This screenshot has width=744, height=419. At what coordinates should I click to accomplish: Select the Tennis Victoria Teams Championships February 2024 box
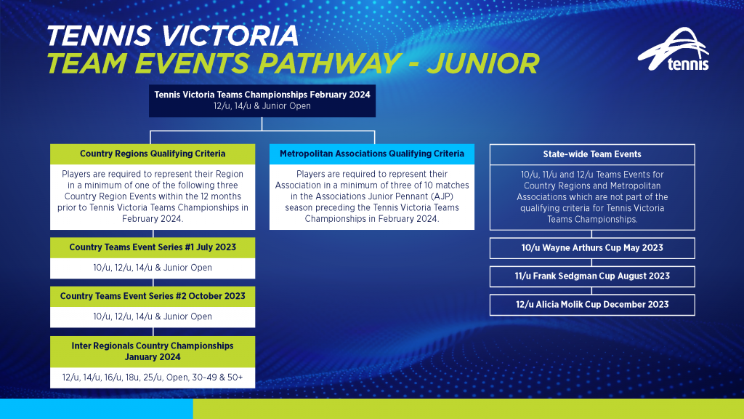click(x=262, y=100)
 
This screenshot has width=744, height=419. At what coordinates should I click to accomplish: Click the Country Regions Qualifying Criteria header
click(x=153, y=153)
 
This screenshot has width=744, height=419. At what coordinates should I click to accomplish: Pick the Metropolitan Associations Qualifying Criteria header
click(x=371, y=153)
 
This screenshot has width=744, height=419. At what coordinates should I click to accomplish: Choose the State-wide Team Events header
click(x=591, y=154)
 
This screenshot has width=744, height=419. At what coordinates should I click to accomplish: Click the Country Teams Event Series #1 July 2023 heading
click(x=153, y=247)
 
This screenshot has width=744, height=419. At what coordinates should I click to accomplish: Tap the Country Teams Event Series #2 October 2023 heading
click(x=153, y=296)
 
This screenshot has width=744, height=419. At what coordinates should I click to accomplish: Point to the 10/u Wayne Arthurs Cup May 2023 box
click(x=591, y=248)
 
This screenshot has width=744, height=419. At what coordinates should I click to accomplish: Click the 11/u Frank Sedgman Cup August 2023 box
click(x=591, y=276)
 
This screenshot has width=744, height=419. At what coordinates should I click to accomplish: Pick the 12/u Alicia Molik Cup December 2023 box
click(x=591, y=305)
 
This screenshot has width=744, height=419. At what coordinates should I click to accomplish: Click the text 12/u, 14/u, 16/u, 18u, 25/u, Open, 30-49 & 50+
click(x=153, y=378)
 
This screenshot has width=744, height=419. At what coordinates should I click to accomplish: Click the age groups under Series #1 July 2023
click(x=153, y=268)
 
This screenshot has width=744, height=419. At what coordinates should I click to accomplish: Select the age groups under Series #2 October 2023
click(x=153, y=316)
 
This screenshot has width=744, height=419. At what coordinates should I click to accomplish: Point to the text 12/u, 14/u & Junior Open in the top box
click(x=262, y=106)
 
